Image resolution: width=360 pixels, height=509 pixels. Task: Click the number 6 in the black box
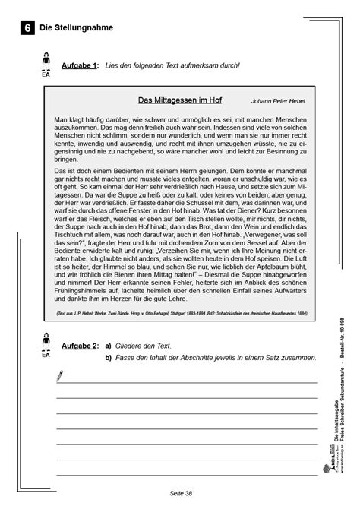pos(27,28)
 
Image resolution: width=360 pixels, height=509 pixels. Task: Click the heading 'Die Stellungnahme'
pos(75,28)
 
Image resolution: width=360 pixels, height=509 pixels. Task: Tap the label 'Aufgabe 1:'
pos(81,66)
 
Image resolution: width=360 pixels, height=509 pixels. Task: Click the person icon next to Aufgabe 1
pos(46,61)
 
